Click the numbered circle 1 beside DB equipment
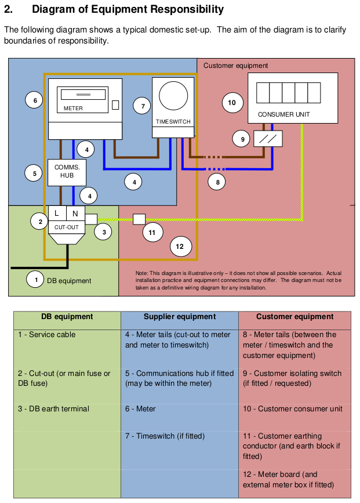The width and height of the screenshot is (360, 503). point(36,280)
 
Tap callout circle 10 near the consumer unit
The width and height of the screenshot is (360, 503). point(232,103)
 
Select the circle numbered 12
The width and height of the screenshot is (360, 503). point(180,247)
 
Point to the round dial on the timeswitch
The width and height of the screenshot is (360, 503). point(173,96)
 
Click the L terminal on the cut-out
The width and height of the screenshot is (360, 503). point(57,213)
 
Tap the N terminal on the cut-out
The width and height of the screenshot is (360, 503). point(75,213)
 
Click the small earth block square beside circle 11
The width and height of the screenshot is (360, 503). point(139,219)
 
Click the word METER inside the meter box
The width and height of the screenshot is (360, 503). point(73,108)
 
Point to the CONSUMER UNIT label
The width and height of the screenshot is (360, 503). point(284,114)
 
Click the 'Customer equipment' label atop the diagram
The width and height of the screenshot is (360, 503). point(235,66)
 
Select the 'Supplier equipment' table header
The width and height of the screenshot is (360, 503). point(180,317)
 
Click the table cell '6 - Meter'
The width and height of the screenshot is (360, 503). point(140,409)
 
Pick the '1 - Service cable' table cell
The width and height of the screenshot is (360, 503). point(46,335)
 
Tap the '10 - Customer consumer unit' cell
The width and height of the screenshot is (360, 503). point(292,409)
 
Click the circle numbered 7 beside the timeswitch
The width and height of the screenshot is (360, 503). point(142,106)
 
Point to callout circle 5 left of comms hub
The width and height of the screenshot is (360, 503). point(34,173)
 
